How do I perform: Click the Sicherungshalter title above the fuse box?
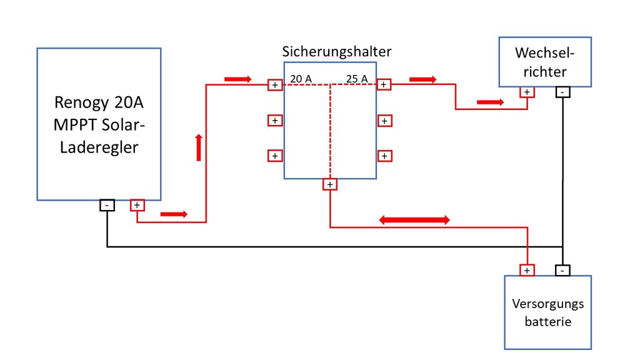pyautogui.click(x=337, y=52)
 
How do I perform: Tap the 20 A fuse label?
pyautogui.click(x=301, y=78)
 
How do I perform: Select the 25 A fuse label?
pyautogui.click(x=357, y=78)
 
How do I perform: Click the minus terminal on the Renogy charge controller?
pyautogui.click(x=107, y=205)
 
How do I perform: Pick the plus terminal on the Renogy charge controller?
pyautogui.click(x=137, y=205)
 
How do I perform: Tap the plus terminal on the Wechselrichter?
pyautogui.click(x=527, y=92)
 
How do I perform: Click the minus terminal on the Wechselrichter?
pyautogui.click(x=562, y=92)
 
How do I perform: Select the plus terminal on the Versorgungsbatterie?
pyautogui.click(x=527, y=270)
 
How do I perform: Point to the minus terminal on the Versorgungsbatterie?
pyautogui.click(x=562, y=270)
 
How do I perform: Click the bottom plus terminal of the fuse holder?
pyautogui.click(x=330, y=184)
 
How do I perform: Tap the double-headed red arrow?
pyautogui.click(x=414, y=221)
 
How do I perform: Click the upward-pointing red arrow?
pyautogui.click(x=199, y=147)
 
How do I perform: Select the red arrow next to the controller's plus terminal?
pyautogui.click(x=174, y=214)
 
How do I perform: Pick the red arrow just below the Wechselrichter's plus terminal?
pyautogui.click(x=490, y=102)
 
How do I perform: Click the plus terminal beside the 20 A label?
pyautogui.click(x=275, y=85)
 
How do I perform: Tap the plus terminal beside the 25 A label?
pyautogui.click(x=384, y=84)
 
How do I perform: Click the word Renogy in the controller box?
pyautogui.click(x=79, y=103)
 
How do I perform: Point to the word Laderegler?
pyautogui.click(x=99, y=147)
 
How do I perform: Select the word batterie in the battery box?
pyautogui.click(x=547, y=322)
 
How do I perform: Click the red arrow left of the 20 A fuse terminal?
pyautogui.click(x=238, y=79)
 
